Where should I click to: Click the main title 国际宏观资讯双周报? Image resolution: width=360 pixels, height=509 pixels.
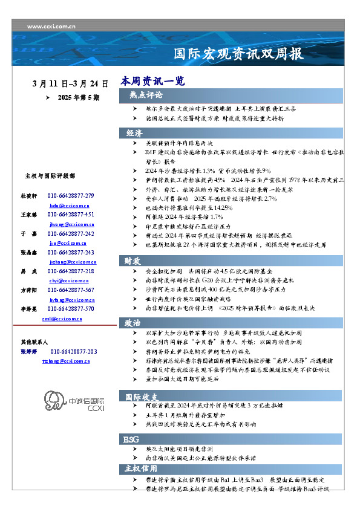(x=238, y=54)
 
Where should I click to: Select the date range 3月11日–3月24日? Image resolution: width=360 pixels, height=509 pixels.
(x=70, y=83)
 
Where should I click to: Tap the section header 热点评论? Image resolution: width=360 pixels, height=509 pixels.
(x=145, y=96)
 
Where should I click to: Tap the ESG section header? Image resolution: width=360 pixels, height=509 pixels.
(x=133, y=438)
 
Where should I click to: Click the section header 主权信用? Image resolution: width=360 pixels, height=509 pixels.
(x=141, y=468)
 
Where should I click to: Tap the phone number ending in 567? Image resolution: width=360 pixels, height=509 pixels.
(x=71, y=290)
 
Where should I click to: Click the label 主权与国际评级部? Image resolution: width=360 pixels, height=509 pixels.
(x=50, y=177)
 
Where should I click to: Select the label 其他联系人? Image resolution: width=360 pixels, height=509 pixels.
(x=34, y=342)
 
